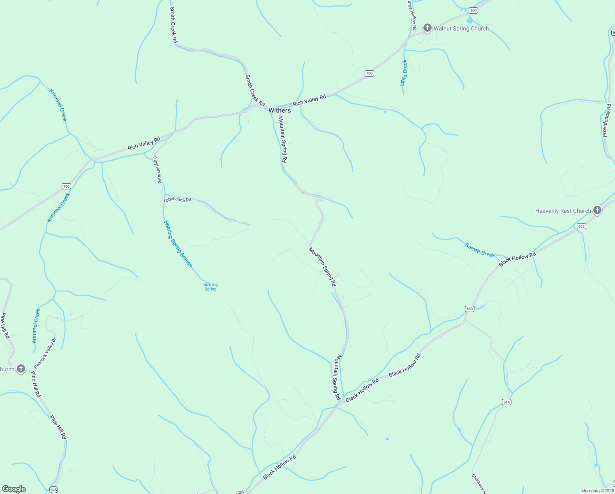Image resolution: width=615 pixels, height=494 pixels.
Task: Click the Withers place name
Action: pos(280,110)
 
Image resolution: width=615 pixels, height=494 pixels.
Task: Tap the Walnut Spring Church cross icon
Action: pos(428,28)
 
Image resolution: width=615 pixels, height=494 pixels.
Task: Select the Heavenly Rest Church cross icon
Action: pos(597,210)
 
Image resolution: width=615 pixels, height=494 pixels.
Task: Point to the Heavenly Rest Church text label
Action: pos(563,211)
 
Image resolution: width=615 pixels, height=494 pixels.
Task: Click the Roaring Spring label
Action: pos(210,287)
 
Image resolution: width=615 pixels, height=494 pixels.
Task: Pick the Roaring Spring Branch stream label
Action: pos(178,244)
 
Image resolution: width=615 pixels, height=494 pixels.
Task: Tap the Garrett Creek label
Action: pos(480,250)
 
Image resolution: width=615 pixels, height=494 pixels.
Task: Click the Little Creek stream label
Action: pos(404,72)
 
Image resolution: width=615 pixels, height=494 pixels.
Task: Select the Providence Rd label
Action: pos(606,120)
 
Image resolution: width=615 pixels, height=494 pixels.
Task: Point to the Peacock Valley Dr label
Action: pos(45,353)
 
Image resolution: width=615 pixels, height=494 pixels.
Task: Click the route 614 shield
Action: pos(506,402)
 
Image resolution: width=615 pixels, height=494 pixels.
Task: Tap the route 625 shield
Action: pos(53,489)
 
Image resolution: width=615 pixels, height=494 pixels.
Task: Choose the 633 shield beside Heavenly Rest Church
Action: pos(581,226)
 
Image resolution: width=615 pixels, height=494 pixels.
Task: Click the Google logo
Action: pos(14,489)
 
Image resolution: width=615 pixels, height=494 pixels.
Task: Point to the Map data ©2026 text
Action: pos(597,491)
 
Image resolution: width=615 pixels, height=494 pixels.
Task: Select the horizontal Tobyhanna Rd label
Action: pos(178,200)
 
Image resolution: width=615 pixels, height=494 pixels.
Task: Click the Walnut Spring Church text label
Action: pos(461,28)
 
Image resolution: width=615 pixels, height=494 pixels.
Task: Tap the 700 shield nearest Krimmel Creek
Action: pos(66,186)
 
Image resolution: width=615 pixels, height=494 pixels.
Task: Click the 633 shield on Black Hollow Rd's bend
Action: pos(470,309)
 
